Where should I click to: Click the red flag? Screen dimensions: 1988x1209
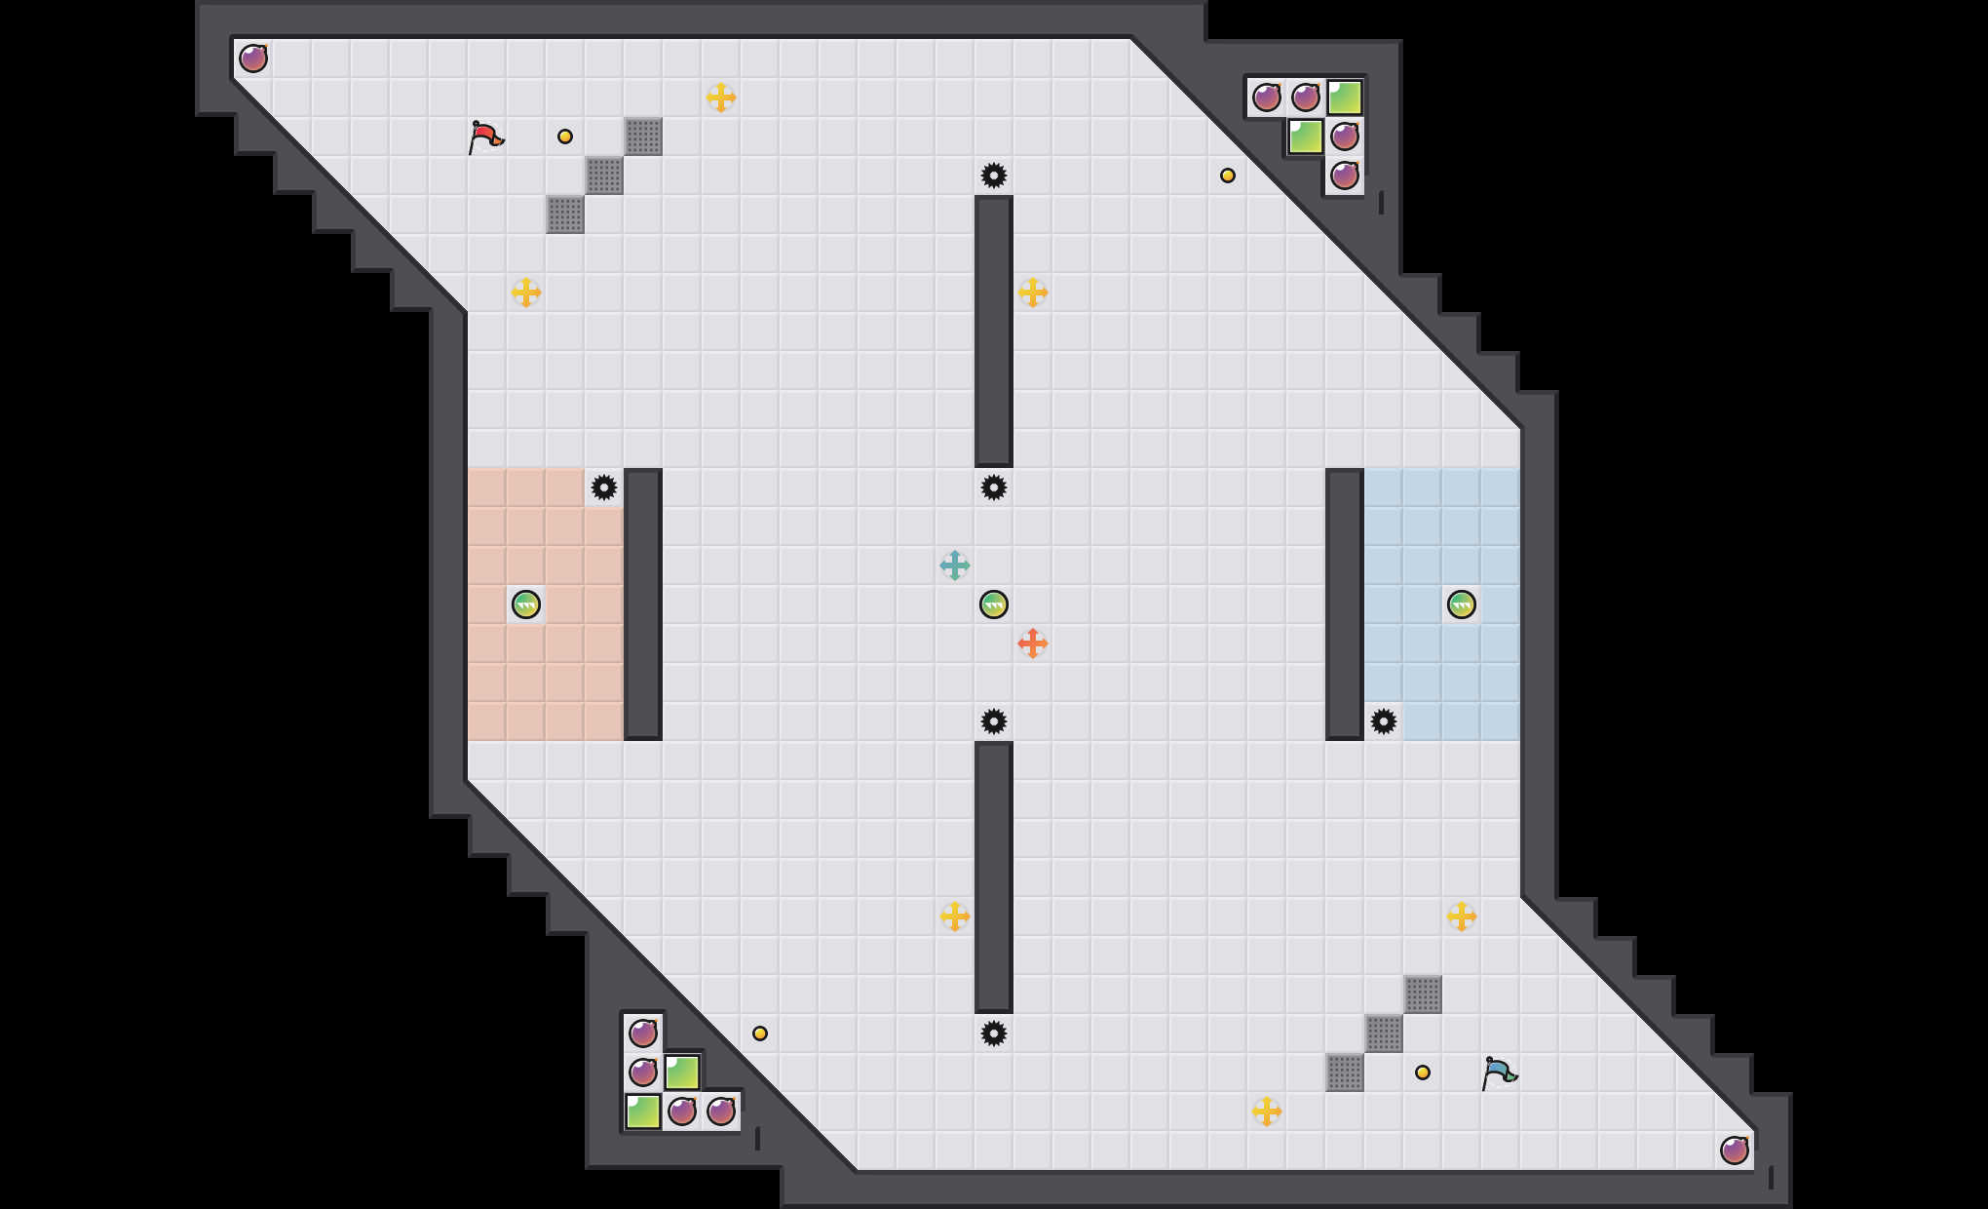[x=484, y=136]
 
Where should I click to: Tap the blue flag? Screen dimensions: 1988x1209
[x=1498, y=1072]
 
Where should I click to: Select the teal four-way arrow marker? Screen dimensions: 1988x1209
[x=955, y=565]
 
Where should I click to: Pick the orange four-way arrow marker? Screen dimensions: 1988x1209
[x=1033, y=643]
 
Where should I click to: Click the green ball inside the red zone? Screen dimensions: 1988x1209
[x=526, y=604]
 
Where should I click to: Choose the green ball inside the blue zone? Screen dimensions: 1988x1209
[x=1462, y=604]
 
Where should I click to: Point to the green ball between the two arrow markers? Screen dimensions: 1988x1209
[x=994, y=604]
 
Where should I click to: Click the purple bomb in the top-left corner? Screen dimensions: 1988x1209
[x=253, y=58]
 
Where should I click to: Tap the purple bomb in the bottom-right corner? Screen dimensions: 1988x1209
[x=1735, y=1150]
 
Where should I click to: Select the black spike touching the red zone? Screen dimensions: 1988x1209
[x=604, y=487]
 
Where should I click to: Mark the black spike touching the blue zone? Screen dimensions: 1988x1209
[x=1384, y=721]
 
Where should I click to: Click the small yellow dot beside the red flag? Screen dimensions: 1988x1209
[x=565, y=136]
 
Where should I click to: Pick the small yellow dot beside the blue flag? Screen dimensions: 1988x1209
[x=1423, y=1072]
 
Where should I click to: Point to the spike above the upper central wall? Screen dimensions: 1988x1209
[x=994, y=175]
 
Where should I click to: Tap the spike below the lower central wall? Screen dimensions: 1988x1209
[x=994, y=1033]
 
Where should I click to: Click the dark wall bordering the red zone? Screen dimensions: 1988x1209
[x=643, y=604]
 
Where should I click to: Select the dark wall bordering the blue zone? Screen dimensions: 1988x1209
[x=1345, y=604]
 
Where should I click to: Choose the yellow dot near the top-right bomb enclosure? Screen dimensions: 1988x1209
[x=1228, y=175]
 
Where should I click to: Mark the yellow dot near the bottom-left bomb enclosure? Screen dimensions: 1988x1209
[x=760, y=1033]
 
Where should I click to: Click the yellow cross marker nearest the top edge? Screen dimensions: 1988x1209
[x=721, y=97]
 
